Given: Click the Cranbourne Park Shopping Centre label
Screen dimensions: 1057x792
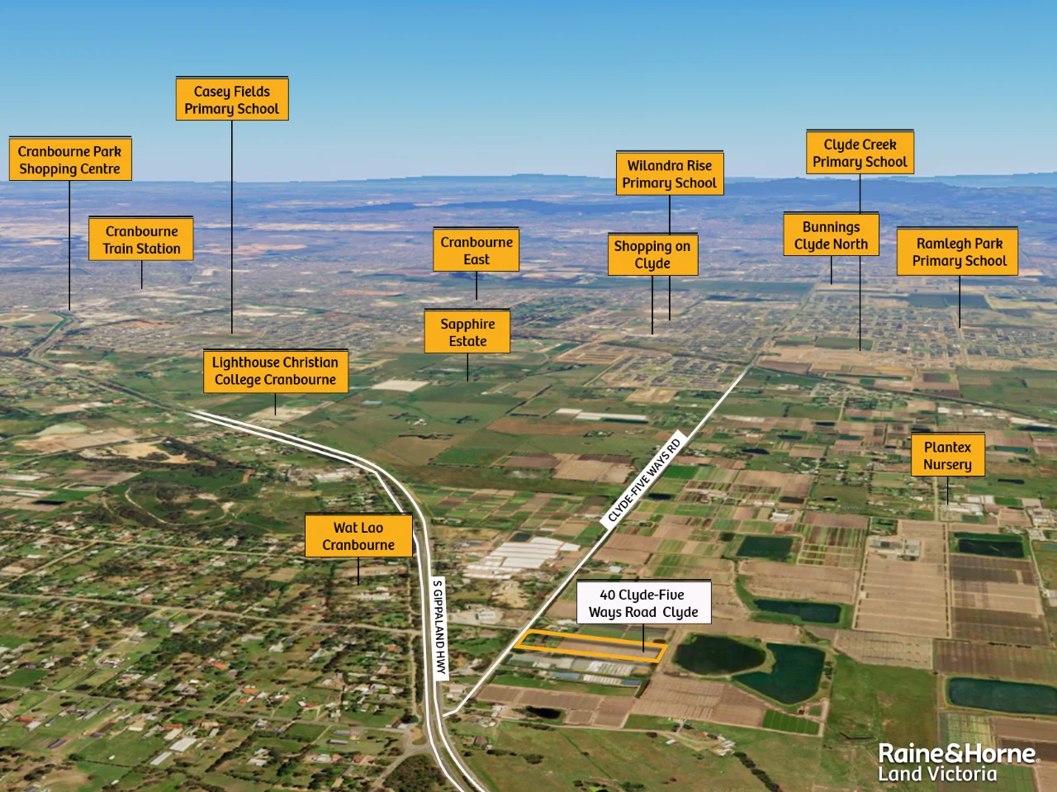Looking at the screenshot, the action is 70,159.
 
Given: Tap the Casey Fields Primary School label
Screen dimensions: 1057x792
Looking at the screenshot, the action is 232,100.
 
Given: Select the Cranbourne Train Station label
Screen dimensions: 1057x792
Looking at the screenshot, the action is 141,239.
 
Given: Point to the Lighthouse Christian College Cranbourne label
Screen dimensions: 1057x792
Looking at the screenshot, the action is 276,371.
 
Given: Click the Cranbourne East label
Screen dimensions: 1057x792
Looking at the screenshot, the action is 476,250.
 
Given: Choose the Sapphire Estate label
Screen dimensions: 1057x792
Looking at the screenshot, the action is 467,332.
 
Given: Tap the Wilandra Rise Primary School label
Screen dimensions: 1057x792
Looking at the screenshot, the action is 670,173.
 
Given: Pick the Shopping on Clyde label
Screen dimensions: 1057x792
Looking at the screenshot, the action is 652,254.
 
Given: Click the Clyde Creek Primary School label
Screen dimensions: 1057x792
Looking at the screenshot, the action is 860,153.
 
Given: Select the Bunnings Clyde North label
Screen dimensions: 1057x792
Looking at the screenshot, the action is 831,235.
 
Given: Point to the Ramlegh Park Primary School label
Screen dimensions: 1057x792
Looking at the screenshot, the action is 958,252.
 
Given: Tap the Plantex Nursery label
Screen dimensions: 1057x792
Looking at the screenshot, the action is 947,455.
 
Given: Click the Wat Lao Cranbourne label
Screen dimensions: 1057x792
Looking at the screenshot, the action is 358,536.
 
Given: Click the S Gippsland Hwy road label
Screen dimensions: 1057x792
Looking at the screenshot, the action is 440,628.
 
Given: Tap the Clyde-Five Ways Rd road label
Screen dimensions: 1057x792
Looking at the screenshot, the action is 644,479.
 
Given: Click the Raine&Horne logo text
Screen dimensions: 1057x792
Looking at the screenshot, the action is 956,753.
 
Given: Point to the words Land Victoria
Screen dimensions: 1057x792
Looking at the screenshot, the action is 937,775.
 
